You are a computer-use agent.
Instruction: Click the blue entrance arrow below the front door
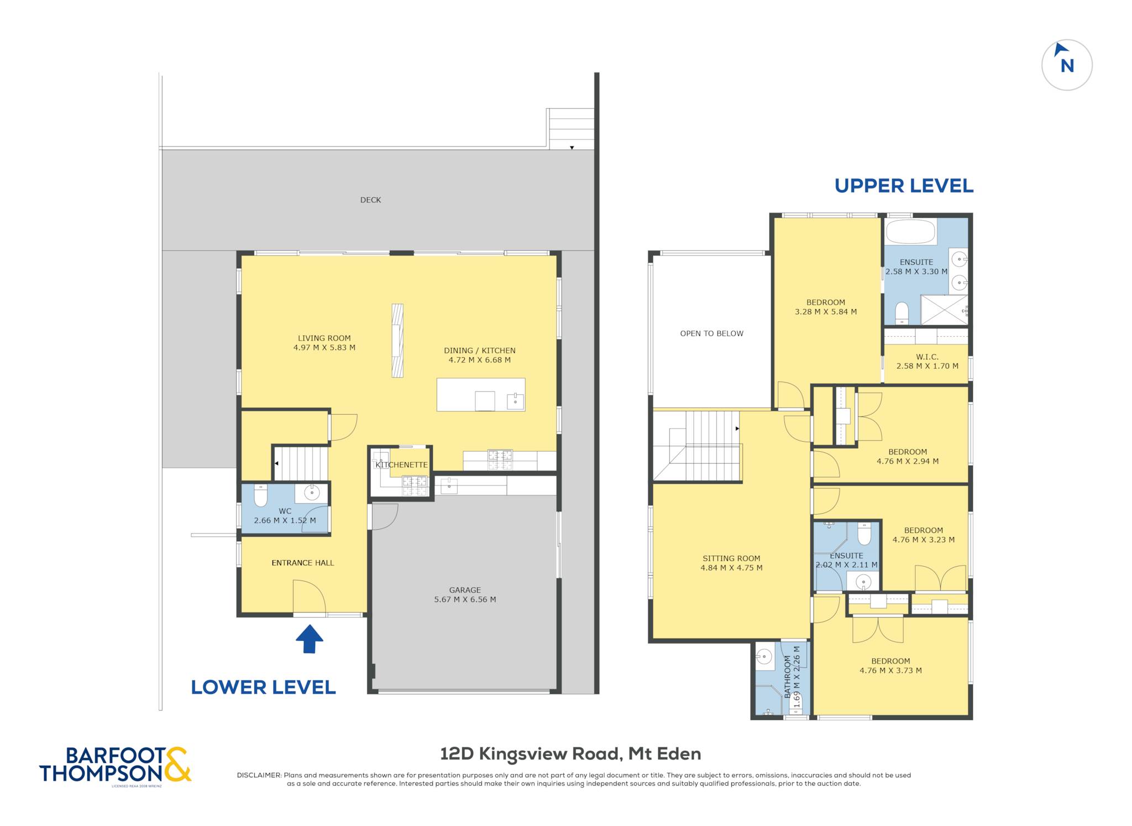click(309, 639)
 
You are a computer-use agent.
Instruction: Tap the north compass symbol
click(1067, 65)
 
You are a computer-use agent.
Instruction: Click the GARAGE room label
click(465, 590)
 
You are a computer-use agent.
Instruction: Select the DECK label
click(370, 200)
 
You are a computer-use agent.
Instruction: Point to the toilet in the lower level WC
click(260, 495)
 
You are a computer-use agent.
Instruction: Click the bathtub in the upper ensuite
click(910, 232)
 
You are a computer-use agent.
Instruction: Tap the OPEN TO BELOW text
click(711, 333)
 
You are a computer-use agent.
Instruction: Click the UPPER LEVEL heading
click(904, 186)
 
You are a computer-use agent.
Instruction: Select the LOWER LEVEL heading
click(263, 687)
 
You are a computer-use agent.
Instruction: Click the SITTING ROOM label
click(731, 558)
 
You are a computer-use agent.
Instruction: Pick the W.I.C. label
click(927, 357)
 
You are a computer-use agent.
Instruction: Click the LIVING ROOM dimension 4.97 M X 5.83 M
click(324, 348)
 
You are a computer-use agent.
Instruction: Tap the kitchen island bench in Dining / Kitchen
click(481, 395)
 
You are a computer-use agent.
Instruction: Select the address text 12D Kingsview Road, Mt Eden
click(570, 754)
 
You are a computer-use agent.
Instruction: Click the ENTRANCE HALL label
click(303, 563)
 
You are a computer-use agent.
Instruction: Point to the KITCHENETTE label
click(401, 465)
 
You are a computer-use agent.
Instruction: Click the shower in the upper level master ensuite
click(944, 310)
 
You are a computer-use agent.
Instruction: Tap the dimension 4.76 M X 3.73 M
click(890, 671)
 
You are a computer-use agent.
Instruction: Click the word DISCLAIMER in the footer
click(259, 775)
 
